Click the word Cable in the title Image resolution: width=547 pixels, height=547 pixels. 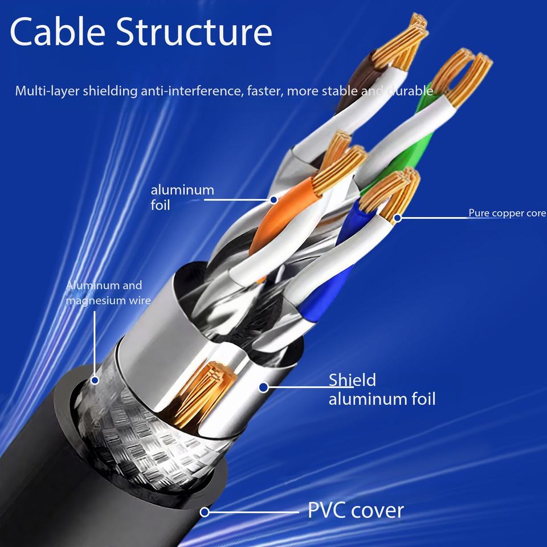(x=58, y=31)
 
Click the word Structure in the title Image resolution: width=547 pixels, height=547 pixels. (x=194, y=31)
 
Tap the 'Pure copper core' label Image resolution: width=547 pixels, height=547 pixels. (x=507, y=213)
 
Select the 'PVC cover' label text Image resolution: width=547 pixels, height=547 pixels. (x=356, y=511)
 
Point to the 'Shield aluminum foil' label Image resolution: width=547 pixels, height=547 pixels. (x=382, y=390)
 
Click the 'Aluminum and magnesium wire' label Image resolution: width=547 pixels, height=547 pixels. (x=108, y=293)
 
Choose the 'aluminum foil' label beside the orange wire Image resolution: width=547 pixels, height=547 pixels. (x=182, y=198)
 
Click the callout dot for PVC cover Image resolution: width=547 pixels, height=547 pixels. (x=205, y=512)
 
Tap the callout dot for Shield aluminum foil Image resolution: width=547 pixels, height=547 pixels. (x=264, y=387)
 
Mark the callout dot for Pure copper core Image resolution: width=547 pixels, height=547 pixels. (x=398, y=218)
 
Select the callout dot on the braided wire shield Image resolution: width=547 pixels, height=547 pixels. (x=95, y=380)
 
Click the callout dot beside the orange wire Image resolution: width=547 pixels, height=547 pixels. (x=274, y=200)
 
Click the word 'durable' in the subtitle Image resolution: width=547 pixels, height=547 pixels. (x=411, y=91)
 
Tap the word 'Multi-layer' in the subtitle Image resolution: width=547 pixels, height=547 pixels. (x=46, y=91)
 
